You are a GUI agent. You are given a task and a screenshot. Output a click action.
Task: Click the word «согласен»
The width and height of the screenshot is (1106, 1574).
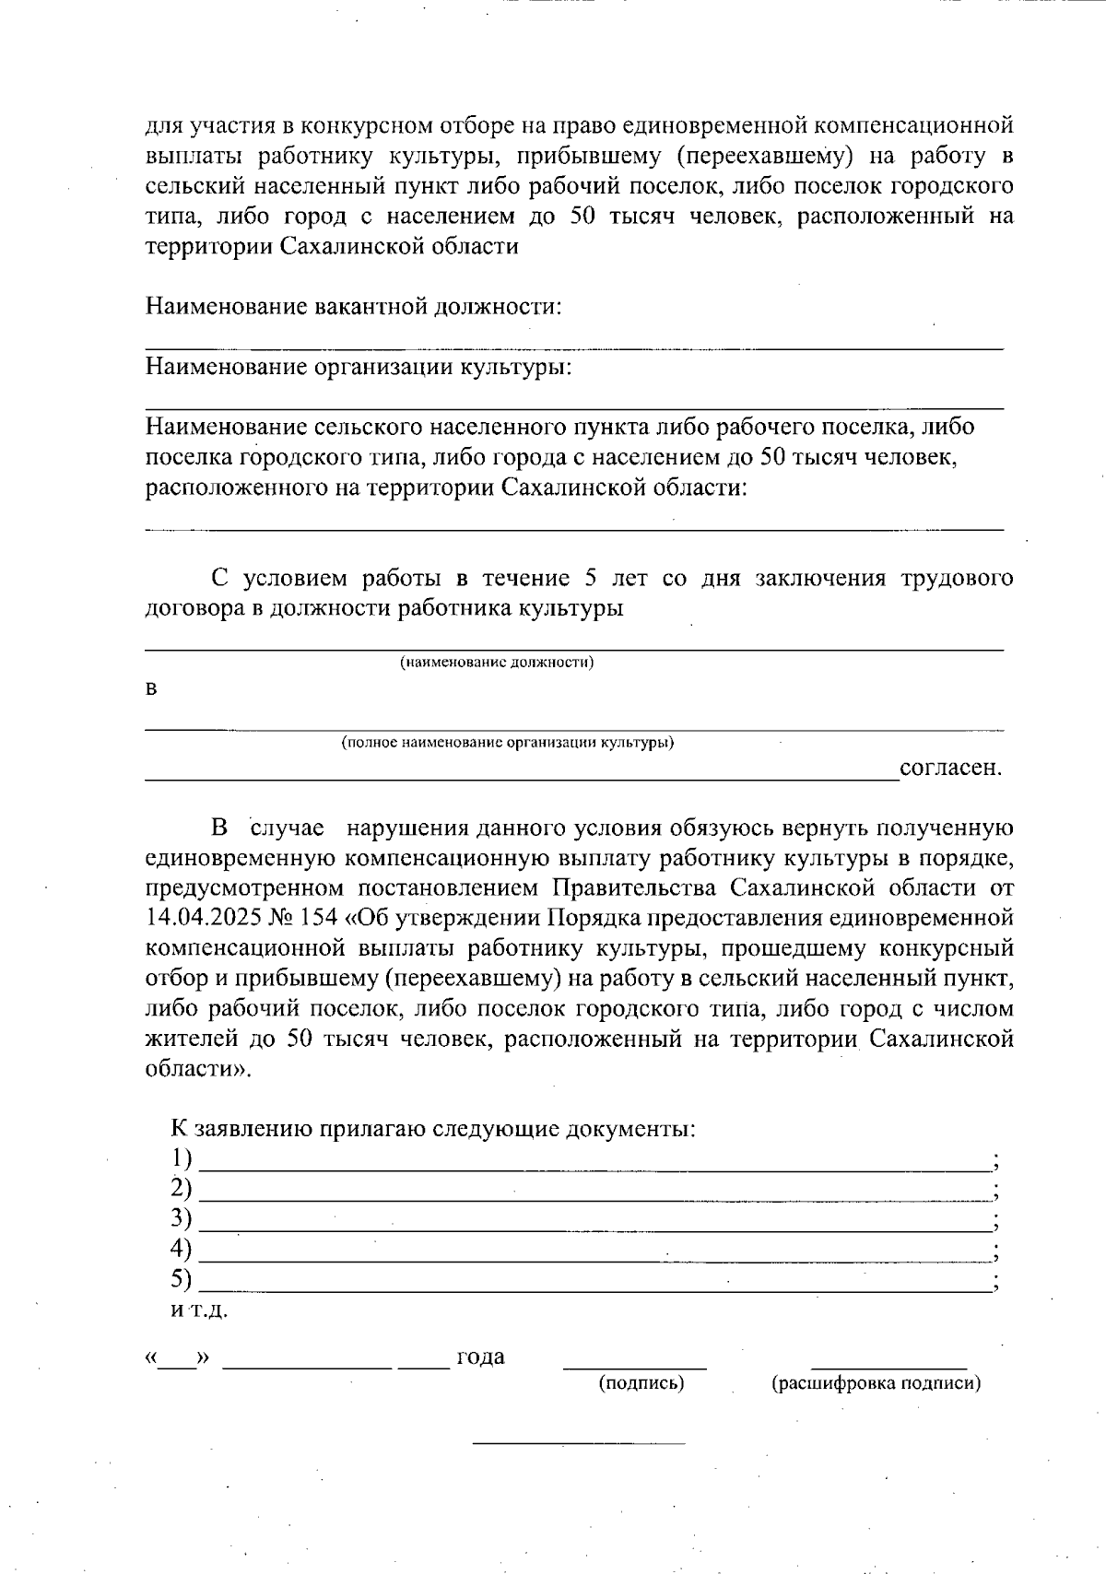(x=949, y=768)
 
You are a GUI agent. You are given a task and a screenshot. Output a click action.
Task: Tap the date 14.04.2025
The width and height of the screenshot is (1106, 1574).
(x=192, y=918)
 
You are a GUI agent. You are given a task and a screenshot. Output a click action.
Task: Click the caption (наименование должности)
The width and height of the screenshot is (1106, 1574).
(x=496, y=663)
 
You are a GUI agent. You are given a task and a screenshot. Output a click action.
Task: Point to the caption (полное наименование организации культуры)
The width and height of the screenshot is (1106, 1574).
(x=507, y=743)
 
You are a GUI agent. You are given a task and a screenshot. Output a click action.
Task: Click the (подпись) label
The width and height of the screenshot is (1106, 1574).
(x=641, y=1382)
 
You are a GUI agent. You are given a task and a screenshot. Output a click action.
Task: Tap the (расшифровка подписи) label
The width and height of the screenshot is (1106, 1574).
(x=876, y=1382)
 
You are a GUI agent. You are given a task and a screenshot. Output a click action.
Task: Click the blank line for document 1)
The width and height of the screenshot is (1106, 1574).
(x=594, y=1168)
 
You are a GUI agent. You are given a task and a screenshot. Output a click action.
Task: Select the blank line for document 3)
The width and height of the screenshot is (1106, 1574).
(x=594, y=1229)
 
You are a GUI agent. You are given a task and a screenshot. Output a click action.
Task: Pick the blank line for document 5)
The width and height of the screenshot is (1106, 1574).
(x=594, y=1290)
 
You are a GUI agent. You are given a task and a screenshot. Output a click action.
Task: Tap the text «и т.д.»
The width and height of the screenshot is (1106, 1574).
(x=199, y=1310)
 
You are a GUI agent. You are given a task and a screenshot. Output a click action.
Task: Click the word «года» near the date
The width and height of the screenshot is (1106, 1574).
(x=480, y=1357)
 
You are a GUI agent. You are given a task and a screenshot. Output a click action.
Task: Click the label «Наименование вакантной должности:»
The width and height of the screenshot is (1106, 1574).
(x=353, y=306)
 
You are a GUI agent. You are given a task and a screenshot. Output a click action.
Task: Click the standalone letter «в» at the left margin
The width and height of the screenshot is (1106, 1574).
(x=152, y=690)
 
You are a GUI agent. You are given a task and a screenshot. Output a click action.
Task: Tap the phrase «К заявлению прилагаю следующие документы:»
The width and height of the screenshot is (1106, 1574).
(x=433, y=1128)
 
